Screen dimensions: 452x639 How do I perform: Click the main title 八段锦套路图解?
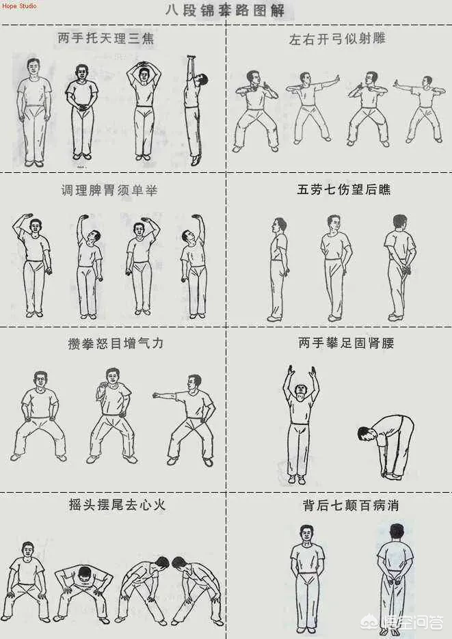(225, 10)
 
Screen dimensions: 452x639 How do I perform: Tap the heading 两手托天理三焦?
(106, 38)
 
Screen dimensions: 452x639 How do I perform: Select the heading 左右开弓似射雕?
(337, 39)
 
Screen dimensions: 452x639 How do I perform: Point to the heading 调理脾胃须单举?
(109, 190)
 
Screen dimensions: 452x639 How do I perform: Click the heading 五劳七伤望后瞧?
(344, 189)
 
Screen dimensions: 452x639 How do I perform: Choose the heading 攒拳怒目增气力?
(116, 343)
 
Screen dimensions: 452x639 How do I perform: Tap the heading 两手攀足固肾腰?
(346, 342)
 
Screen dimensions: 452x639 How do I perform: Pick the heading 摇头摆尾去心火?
(118, 505)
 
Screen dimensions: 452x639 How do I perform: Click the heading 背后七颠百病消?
(351, 505)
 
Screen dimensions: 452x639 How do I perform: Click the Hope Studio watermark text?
(20, 5)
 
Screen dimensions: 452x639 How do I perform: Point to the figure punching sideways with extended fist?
(186, 420)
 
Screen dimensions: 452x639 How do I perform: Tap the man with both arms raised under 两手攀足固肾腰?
(301, 424)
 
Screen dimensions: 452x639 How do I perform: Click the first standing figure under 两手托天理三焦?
(34, 113)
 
